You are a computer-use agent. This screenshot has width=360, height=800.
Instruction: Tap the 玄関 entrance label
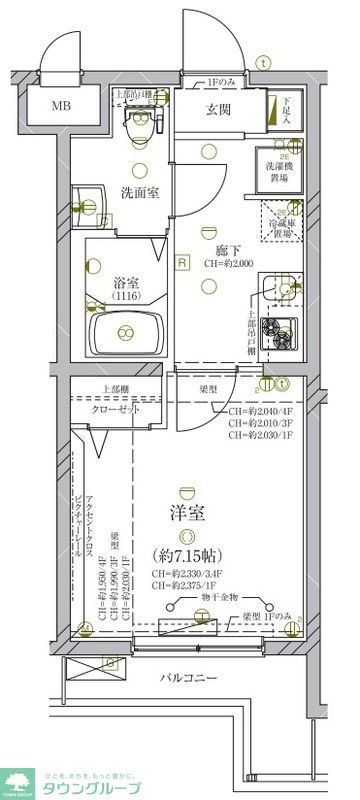(220, 109)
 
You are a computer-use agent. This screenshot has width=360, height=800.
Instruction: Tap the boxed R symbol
(182, 263)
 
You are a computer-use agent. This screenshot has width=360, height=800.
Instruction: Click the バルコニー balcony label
(190, 707)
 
